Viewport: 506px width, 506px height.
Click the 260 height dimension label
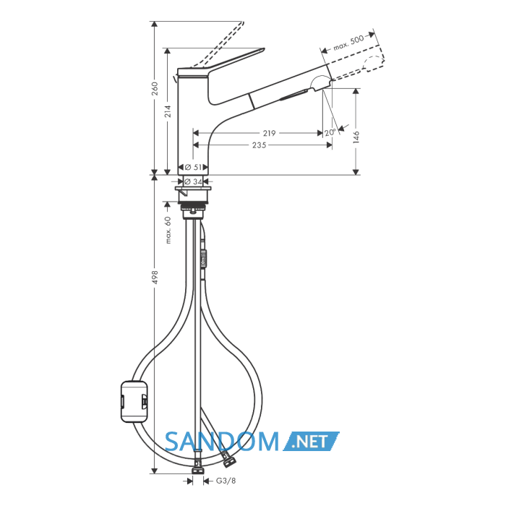click(155, 88)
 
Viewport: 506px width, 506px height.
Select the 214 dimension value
click(168, 111)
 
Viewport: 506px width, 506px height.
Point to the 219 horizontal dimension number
click(269, 133)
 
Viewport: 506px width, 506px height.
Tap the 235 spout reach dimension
click(259, 145)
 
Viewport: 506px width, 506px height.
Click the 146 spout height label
click(356, 137)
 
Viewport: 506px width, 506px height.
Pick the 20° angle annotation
click(330, 132)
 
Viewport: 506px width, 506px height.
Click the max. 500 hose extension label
click(349, 43)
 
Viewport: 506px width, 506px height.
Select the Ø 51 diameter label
click(193, 167)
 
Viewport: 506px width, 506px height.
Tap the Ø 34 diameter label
click(193, 181)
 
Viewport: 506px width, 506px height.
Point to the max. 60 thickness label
click(168, 230)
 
